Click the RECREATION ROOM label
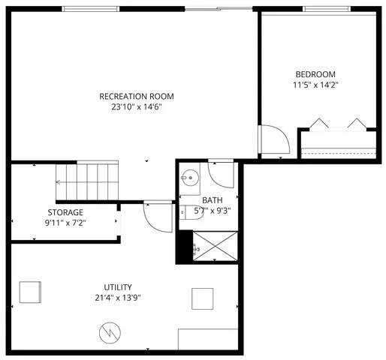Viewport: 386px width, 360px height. pyautogui.click(x=137, y=96)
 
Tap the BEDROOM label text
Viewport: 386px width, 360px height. pyautogui.click(x=315, y=74)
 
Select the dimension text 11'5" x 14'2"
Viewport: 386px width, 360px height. pyautogui.click(x=315, y=85)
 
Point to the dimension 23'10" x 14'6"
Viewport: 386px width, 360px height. pyautogui.click(x=137, y=107)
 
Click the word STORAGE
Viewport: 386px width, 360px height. pyautogui.click(x=65, y=212)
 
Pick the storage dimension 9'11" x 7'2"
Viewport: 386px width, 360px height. pyautogui.click(x=65, y=223)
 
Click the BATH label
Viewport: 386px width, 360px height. pyautogui.click(x=213, y=200)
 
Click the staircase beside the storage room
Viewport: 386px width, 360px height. pyautogui.click(x=87, y=179)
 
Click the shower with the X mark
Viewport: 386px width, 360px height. pyautogui.click(x=216, y=245)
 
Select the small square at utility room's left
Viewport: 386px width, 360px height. pyautogui.click(x=30, y=292)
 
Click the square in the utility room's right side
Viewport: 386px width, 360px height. pyautogui.click(x=202, y=298)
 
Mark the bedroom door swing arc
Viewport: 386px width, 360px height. pyautogui.click(x=273, y=140)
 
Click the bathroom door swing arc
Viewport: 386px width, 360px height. pyautogui.click(x=221, y=175)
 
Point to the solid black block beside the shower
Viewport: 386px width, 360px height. pyautogui.click(x=182, y=247)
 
